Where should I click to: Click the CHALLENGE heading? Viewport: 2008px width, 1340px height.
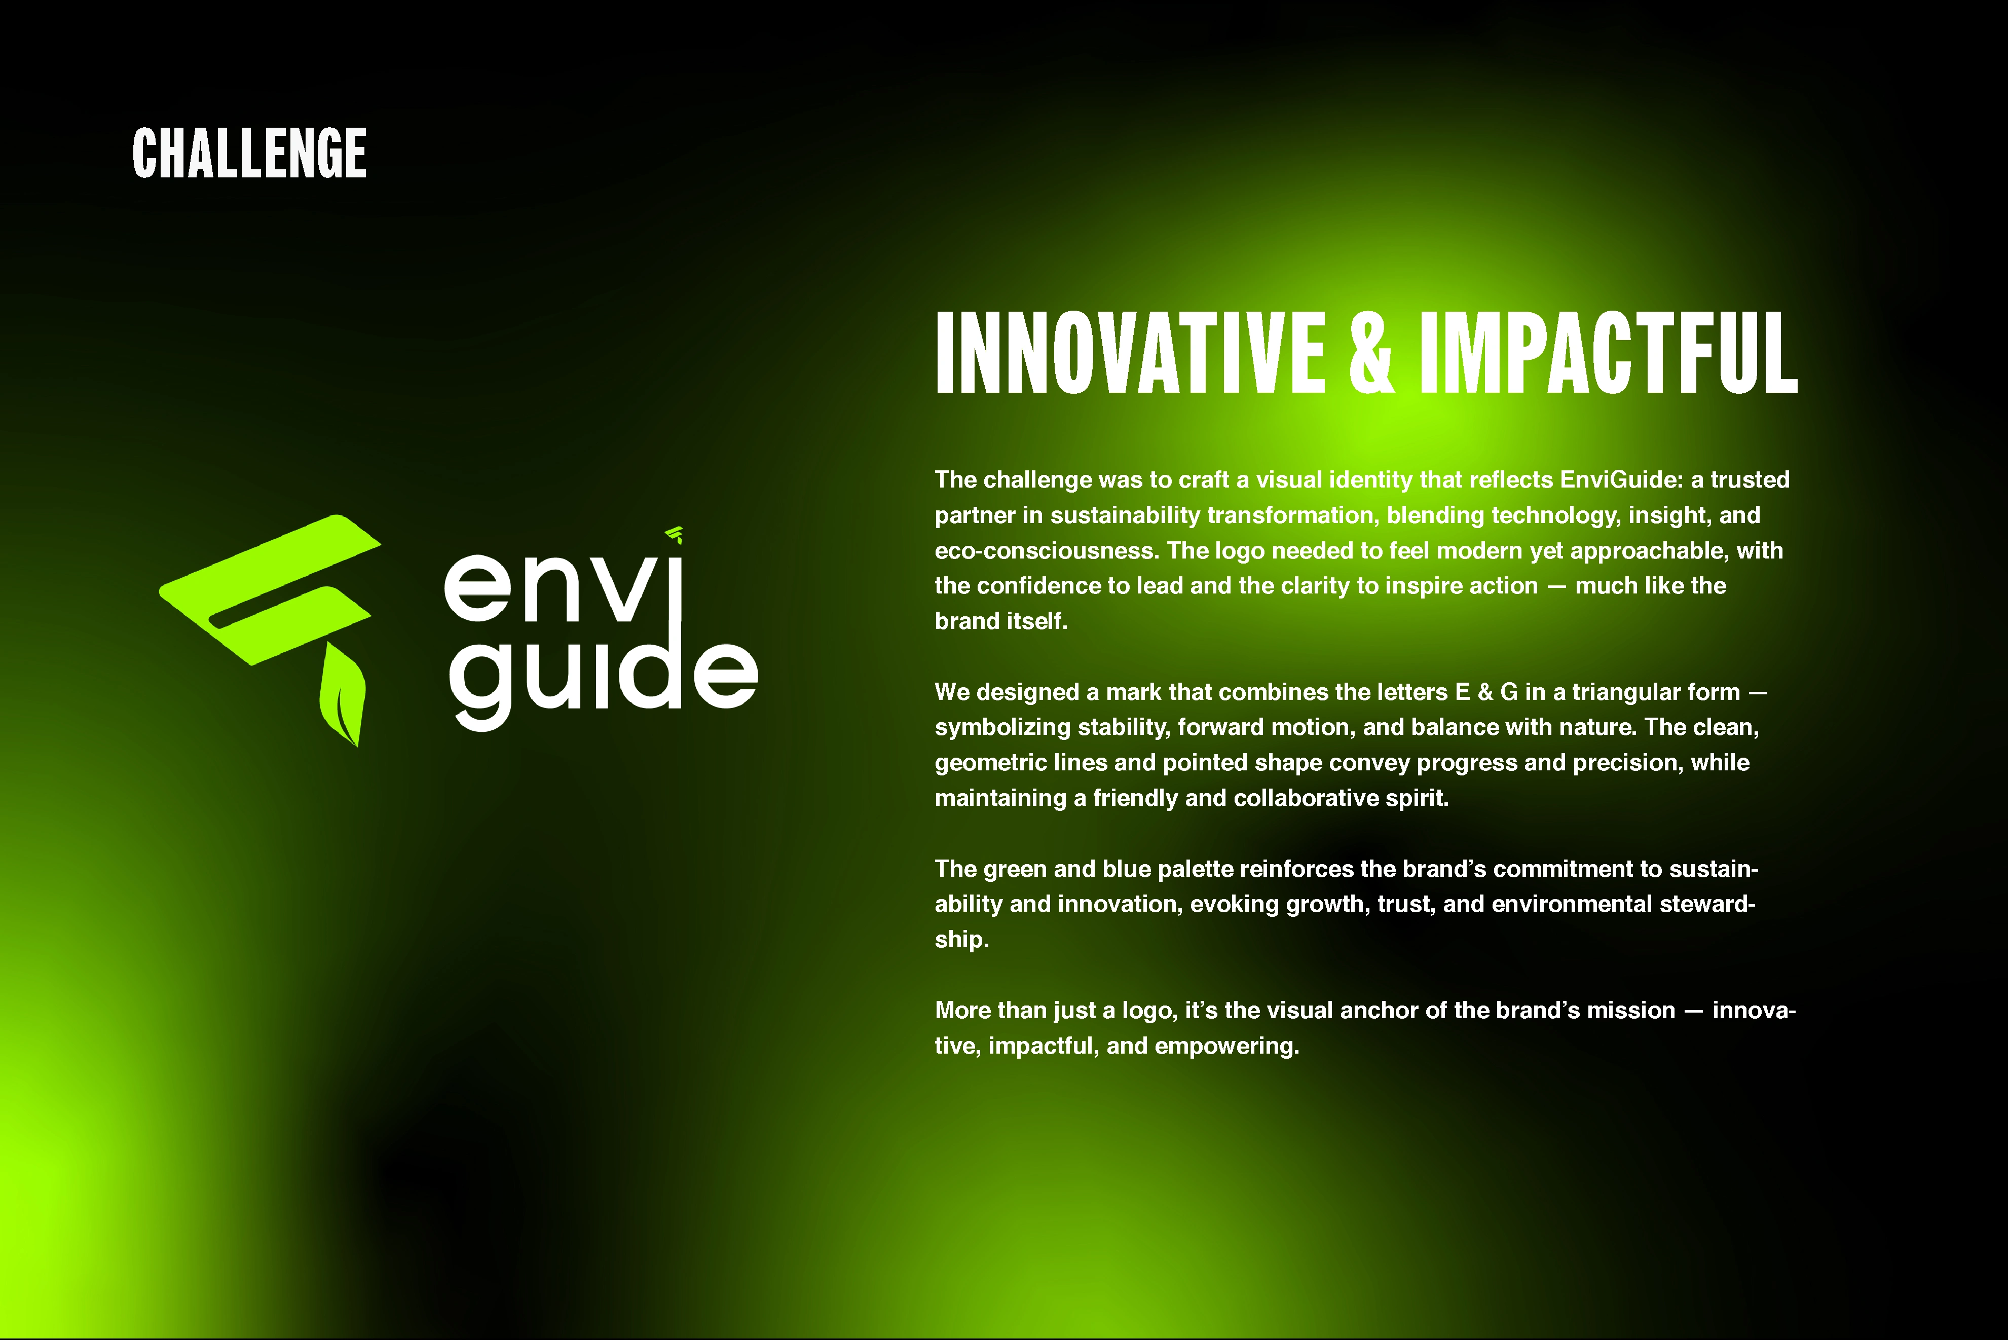249,154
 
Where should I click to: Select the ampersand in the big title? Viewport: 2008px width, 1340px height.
1371,352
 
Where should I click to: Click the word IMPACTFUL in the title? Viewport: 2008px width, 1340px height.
1608,352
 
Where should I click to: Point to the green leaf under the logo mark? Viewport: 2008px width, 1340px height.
343,694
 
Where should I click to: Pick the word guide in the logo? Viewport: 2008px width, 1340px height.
603,675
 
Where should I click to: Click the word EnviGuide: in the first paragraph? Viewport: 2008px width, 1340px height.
1621,479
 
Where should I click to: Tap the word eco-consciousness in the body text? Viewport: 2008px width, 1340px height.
1047,550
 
